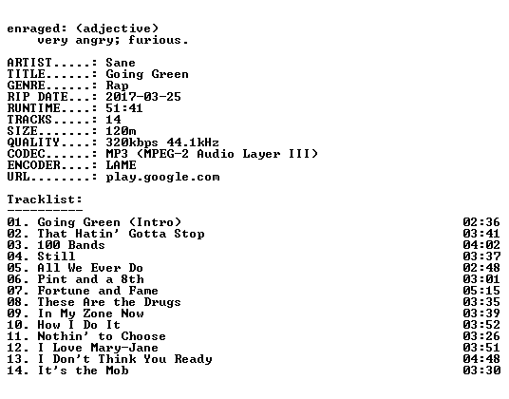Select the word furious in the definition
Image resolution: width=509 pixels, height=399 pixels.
coord(155,40)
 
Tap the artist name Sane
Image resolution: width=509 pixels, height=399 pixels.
coord(121,63)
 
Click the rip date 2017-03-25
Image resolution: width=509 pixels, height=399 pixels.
coord(143,97)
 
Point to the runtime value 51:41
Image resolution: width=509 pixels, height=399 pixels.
coord(124,108)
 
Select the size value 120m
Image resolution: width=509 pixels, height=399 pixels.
coord(121,131)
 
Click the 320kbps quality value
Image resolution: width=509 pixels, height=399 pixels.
coord(132,142)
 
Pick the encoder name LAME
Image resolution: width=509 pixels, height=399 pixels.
coord(121,165)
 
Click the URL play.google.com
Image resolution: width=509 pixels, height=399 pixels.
coord(162,177)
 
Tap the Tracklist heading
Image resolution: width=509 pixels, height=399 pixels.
coord(45,199)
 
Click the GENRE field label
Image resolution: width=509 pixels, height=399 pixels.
coord(26,85)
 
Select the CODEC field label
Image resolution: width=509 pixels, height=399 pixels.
coord(26,154)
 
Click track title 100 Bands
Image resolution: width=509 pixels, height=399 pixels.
coord(71,245)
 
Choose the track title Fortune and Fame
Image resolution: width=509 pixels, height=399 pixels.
coord(98,291)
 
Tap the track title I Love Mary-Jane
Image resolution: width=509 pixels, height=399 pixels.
coord(98,348)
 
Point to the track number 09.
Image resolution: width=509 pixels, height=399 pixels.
coord(15,313)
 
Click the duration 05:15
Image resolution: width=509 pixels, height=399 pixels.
coord(481,291)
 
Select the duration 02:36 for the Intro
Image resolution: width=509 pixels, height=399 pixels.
coord(481,222)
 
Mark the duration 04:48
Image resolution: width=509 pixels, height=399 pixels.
coord(481,359)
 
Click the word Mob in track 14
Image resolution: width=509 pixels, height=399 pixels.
coord(117,370)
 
